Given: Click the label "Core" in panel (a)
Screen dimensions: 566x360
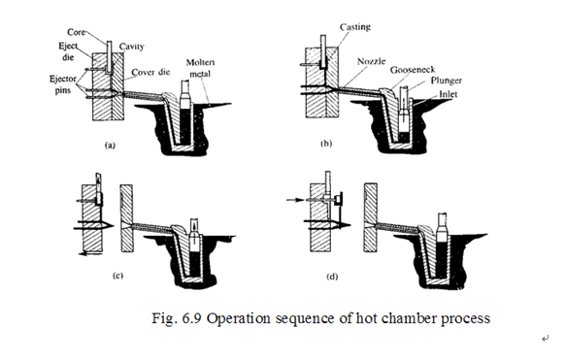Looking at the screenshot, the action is pyautogui.click(x=76, y=32).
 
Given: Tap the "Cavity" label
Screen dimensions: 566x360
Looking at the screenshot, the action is pyautogui.click(x=131, y=47).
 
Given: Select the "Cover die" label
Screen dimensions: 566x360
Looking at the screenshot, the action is pyautogui.click(x=150, y=72).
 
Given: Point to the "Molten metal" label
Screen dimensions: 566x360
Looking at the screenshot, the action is pyautogui.click(x=200, y=68).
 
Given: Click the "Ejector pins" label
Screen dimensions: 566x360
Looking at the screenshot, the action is pyautogui.click(x=62, y=84).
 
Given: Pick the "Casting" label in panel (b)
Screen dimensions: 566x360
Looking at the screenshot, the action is pyautogui.click(x=355, y=27).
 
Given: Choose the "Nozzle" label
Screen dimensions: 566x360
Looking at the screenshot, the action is pyautogui.click(x=371, y=61).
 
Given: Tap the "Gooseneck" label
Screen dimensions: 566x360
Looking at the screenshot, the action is pyautogui.click(x=413, y=69).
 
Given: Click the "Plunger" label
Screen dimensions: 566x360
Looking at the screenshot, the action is pyautogui.click(x=447, y=81).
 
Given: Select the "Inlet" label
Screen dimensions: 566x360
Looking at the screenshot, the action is pyautogui.click(x=448, y=94).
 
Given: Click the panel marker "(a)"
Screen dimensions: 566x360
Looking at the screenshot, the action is pyautogui.click(x=110, y=146).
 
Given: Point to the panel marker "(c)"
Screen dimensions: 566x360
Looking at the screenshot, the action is pyautogui.click(x=118, y=276).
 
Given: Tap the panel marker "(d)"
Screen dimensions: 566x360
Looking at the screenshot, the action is pyautogui.click(x=332, y=277).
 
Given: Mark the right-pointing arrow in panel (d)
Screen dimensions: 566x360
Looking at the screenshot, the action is pyautogui.click(x=296, y=200).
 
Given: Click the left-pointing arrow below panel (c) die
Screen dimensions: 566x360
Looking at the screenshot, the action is pyautogui.click(x=90, y=254).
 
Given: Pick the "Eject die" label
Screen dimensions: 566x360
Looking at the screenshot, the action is pyautogui.click(x=68, y=51).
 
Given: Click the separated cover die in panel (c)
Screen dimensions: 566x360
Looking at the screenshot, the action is pyautogui.click(x=127, y=218).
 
